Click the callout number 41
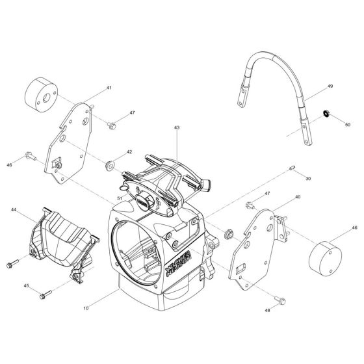click(109, 87)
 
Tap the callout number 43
click(176, 128)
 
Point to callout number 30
click(307, 177)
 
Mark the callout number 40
click(297, 196)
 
